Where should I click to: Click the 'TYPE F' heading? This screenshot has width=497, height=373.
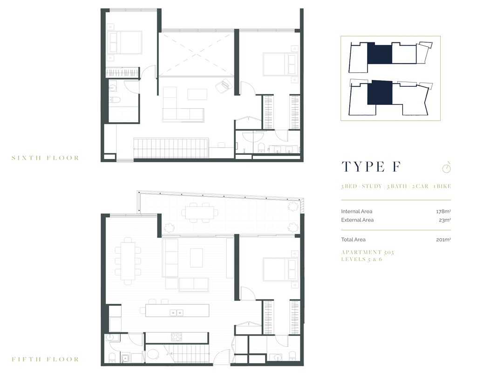tap(371, 167)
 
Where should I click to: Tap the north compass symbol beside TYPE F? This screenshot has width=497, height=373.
tap(447, 167)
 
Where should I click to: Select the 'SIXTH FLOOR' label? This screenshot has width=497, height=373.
tap(45, 158)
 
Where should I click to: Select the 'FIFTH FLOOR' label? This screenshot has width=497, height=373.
tap(45, 359)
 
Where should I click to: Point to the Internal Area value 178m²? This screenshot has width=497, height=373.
tap(444, 211)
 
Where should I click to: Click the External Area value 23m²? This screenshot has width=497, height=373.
tap(445, 220)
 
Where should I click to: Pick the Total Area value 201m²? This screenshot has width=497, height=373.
tap(444, 240)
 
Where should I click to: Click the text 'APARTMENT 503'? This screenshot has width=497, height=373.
tap(368, 252)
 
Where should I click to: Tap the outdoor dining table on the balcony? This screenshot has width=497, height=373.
tap(200, 213)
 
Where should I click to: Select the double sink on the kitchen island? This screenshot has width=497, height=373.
tap(176, 312)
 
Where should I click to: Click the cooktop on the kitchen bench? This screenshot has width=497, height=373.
tap(177, 336)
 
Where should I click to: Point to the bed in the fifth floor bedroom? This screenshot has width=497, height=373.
tap(279, 269)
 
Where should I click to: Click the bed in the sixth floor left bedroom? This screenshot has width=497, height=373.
tap(125, 42)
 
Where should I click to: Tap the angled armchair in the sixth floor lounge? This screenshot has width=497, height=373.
tap(225, 85)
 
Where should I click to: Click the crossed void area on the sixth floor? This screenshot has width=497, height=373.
tap(196, 53)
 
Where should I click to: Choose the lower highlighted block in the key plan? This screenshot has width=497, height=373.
tap(380, 92)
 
